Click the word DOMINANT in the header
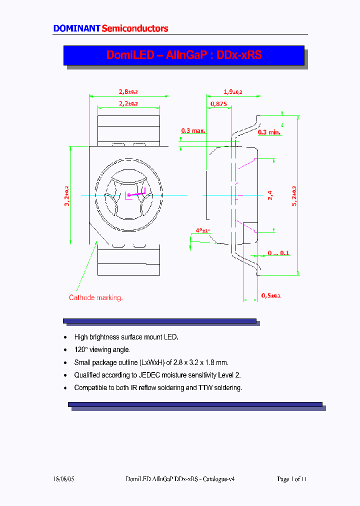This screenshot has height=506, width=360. pyautogui.click(x=76, y=28)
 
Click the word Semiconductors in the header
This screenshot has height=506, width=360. pyautogui.click(x=135, y=28)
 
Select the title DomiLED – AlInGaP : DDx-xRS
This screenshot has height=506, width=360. pyautogui.click(x=183, y=55)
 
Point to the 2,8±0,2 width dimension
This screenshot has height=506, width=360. pyautogui.click(x=128, y=91)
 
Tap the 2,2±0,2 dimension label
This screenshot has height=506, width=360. pyautogui.click(x=128, y=103)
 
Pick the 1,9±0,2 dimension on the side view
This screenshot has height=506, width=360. pyautogui.click(x=232, y=91)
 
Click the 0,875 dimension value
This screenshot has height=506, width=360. pyautogui.click(x=218, y=103)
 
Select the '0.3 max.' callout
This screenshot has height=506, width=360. pyautogui.click(x=193, y=131)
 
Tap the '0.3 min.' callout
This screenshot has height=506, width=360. pyautogui.click(x=269, y=132)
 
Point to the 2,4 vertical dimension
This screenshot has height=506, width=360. pyautogui.click(x=270, y=195)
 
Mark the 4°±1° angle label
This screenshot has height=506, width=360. pyautogui.click(x=202, y=230)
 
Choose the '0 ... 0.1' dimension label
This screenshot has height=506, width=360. pyautogui.click(x=278, y=253)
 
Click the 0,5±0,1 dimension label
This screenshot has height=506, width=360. pyautogui.click(x=271, y=295)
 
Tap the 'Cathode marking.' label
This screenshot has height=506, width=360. pyautogui.click(x=95, y=297)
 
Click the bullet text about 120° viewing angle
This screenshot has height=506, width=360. pyautogui.click(x=102, y=350)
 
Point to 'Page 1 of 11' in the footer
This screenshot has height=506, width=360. pyautogui.click(x=291, y=479)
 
